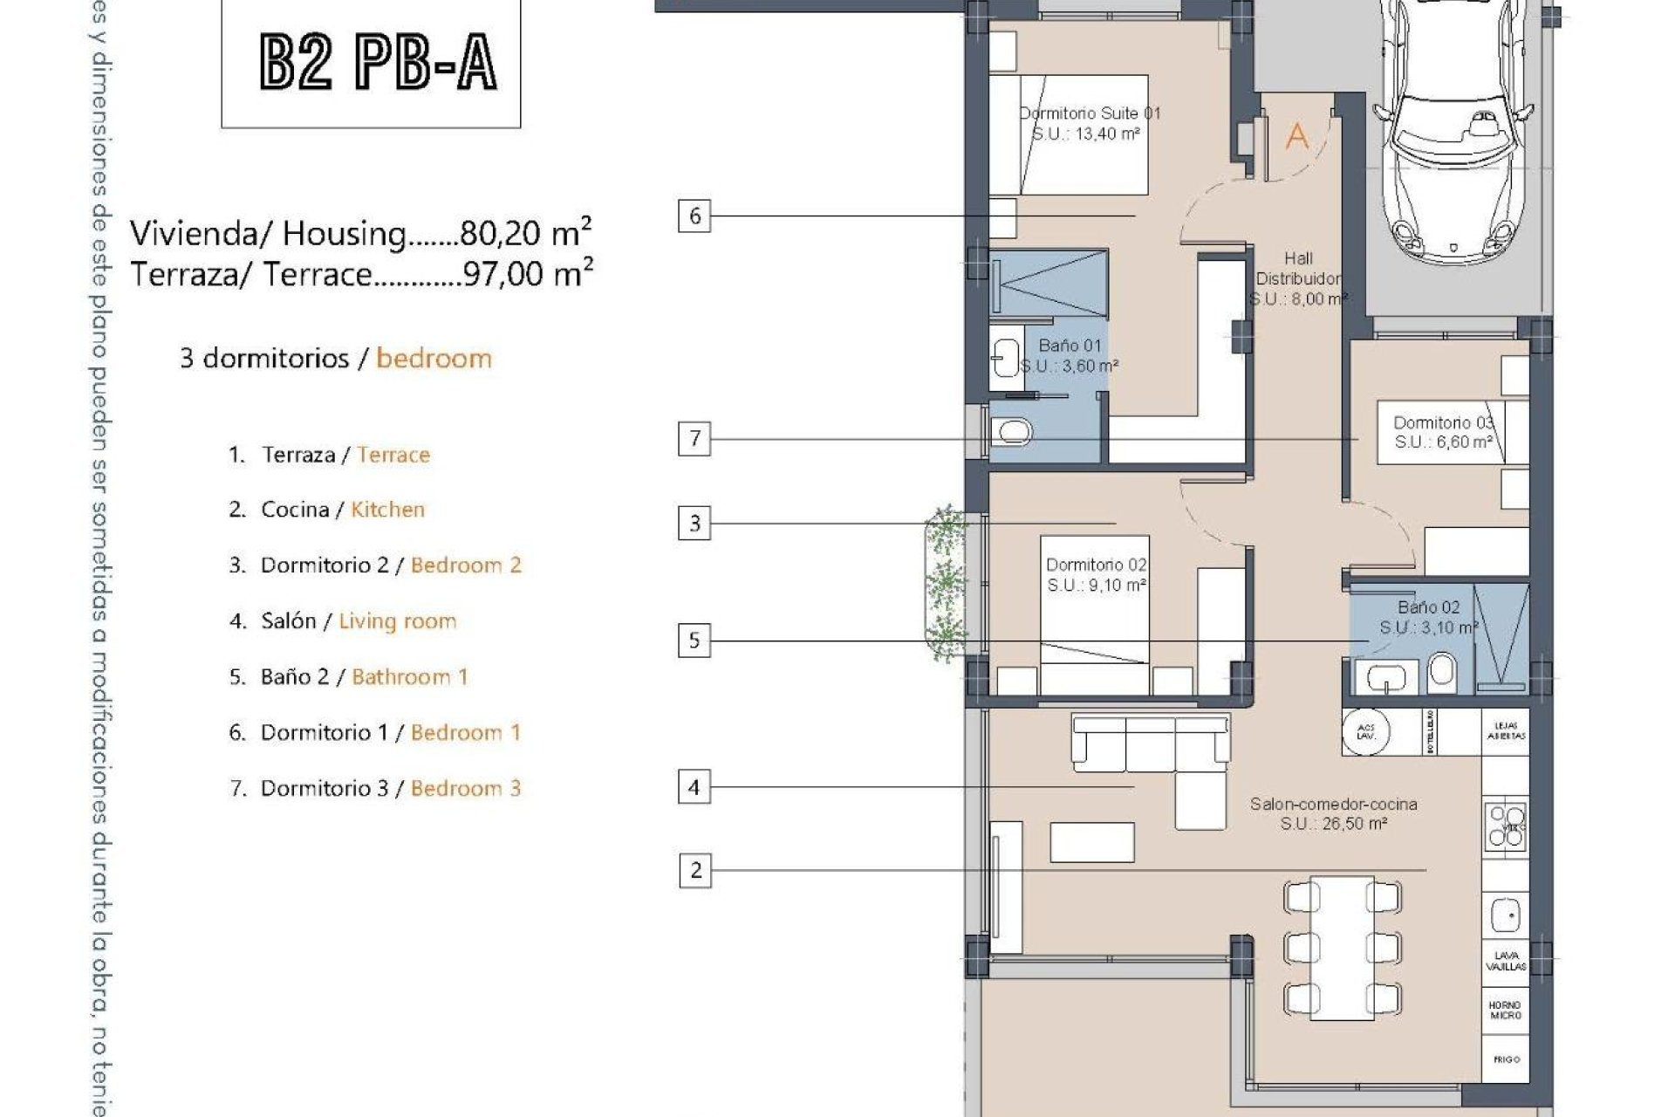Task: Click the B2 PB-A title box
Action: click(371, 63)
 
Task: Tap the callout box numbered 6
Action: click(694, 216)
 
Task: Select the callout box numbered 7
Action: click(694, 438)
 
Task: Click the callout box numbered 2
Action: click(695, 870)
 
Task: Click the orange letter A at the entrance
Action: click(1297, 136)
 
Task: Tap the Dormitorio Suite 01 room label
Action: click(1089, 123)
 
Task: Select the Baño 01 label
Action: click(1070, 355)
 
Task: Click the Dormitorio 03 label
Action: click(1443, 432)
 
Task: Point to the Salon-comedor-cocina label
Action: click(1333, 813)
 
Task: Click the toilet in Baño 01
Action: click(1012, 431)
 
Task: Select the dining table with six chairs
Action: click(1342, 948)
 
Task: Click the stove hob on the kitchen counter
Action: click(1506, 826)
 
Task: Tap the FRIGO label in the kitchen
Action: click(1506, 1059)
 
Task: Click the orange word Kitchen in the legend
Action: click(387, 510)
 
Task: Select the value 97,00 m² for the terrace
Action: click(528, 274)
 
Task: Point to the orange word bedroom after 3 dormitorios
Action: click(434, 359)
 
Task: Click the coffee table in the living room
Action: click(1092, 842)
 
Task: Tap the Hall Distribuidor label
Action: click(1298, 278)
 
